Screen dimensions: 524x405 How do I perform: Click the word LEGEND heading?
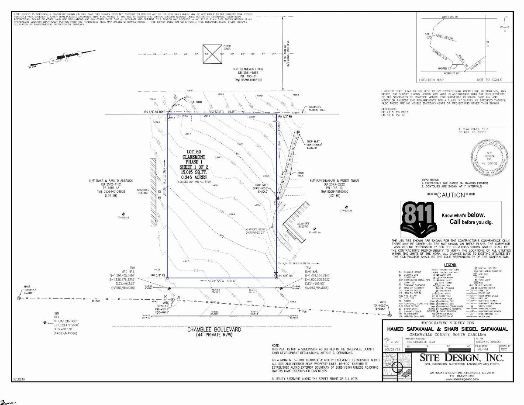click(450, 265)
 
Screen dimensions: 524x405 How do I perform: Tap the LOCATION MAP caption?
click(433, 80)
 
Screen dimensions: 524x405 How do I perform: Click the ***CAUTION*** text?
click(451, 195)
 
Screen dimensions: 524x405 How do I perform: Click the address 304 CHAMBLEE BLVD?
click(422, 342)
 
